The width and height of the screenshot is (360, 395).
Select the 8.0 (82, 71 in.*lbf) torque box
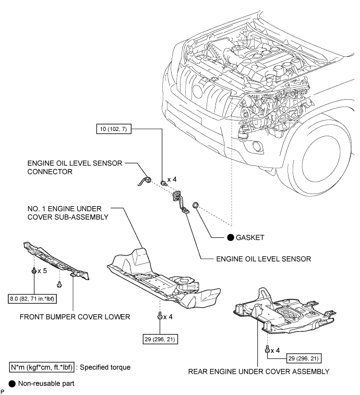(x=32, y=299)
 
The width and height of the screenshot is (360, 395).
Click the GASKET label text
(x=250, y=237)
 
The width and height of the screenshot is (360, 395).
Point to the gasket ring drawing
(x=196, y=205)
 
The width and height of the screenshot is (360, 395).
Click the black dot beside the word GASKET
(x=231, y=237)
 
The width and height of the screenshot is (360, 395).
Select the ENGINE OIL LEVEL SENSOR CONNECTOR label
(x=75, y=167)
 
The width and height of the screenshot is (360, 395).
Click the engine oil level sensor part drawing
(x=180, y=202)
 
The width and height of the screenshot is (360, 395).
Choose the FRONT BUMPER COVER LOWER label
(x=75, y=317)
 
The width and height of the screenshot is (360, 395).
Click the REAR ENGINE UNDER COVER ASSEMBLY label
(x=259, y=372)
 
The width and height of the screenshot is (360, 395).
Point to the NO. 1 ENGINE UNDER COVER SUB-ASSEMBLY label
(x=68, y=213)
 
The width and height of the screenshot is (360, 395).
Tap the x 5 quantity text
(x=42, y=271)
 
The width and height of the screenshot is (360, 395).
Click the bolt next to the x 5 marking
(x=34, y=271)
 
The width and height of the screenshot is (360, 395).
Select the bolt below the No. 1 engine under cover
(x=160, y=316)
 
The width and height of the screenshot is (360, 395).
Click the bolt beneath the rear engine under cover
(x=267, y=350)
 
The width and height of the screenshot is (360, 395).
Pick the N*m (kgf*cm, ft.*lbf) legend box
(x=42, y=367)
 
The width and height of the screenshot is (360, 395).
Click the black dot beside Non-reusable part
(x=12, y=384)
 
